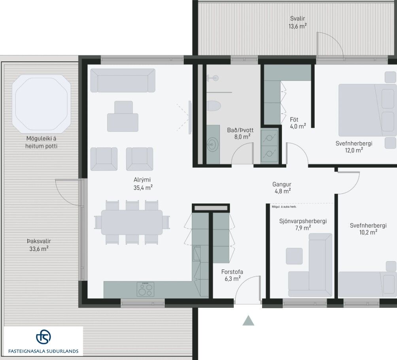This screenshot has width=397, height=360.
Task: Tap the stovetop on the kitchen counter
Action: click(x=146, y=289)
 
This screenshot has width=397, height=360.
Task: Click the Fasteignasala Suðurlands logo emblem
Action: click(x=43, y=337)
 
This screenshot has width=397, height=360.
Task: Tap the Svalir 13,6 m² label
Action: click(x=298, y=22)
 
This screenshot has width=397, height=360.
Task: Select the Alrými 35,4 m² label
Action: click(x=143, y=184)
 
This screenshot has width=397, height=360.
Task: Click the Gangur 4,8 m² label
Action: click(x=282, y=188)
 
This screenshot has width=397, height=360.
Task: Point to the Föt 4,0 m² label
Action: click(x=298, y=123)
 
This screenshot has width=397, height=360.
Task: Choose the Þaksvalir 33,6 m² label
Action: click(x=39, y=245)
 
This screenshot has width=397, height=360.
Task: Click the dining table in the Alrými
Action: click(x=132, y=222)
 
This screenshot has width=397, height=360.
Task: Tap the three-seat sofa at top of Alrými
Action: click(x=123, y=80)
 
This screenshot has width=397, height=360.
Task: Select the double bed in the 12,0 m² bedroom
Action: click(x=367, y=110)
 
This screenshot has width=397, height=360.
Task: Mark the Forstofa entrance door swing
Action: click(x=244, y=281)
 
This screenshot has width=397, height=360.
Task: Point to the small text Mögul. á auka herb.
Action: click(x=284, y=207)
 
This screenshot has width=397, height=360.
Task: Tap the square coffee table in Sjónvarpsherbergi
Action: click(x=294, y=256)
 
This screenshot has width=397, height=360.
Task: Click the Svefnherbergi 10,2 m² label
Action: click(x=368, y=229)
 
